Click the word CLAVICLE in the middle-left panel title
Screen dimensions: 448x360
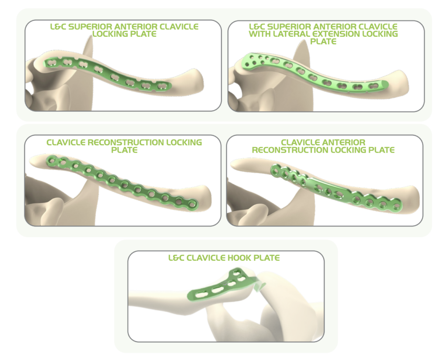(66, 142)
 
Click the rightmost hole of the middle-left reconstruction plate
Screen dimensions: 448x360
(192, 204)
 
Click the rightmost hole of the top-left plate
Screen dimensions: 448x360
(162, 86)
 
